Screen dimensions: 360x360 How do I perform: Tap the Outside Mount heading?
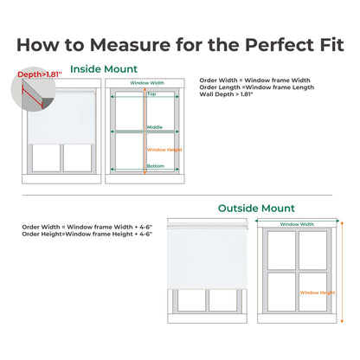pos(256,209)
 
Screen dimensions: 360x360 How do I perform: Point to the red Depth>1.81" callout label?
pos(40,74)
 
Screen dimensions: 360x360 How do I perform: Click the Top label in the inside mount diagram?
pos(152,93)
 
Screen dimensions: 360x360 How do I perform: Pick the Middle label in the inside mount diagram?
pos(154,126)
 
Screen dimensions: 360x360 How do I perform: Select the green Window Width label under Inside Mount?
pos(146,83)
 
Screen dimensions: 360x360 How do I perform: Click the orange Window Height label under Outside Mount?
pos(316,292)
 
